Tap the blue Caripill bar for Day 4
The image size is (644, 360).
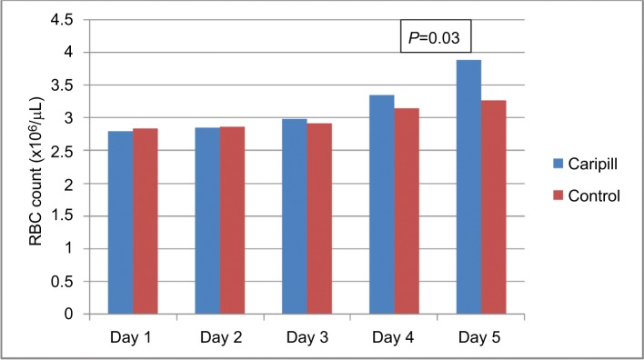click(x=381, y=205)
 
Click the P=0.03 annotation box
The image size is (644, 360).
click(x=436, y=37)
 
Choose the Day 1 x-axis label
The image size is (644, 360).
click(x=132, y=335)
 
